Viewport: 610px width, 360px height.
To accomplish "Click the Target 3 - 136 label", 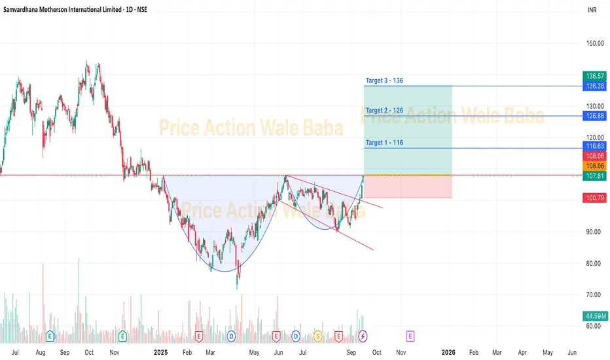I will (385, 81).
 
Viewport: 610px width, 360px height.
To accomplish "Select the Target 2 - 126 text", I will (385, 111).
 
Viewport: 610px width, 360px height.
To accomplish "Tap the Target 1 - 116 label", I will (385, 142).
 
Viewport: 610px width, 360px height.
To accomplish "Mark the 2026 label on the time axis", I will (449, 352).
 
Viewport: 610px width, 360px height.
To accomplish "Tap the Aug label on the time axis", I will (40, 352).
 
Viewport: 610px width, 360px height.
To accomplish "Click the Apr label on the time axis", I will (522, 352).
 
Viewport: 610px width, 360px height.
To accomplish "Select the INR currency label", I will (592, 10).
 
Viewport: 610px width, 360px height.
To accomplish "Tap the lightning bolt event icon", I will (364, 336).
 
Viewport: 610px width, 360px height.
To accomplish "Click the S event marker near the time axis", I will (317, 336).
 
